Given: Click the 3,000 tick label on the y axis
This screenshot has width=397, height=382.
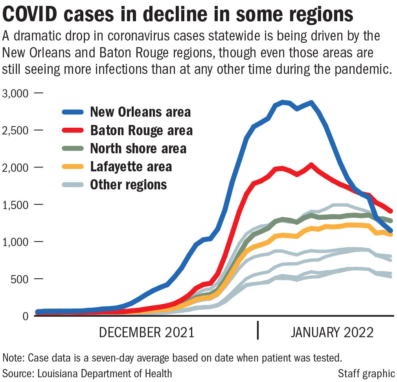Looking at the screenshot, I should [16, 94].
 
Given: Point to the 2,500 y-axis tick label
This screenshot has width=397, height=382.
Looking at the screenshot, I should [16, 130].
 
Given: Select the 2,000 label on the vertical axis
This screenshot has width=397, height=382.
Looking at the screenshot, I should [16, 168].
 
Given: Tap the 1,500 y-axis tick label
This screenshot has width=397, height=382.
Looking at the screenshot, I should [16, 205].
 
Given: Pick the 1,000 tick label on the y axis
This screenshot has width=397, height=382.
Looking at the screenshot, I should [16, 242].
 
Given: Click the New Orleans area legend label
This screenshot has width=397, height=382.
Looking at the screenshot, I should [140, 112].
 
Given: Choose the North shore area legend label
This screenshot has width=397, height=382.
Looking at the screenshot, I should [138, 149].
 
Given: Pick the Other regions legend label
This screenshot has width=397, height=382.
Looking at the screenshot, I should [129, 184].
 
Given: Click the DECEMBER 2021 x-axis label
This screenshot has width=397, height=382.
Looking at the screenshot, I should [147, 332].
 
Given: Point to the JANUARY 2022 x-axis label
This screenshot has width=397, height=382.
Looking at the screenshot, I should [332, 332].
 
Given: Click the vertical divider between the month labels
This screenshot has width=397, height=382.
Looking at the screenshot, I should [258, 330].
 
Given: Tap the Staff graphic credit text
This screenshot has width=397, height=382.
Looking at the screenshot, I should [366, 373].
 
